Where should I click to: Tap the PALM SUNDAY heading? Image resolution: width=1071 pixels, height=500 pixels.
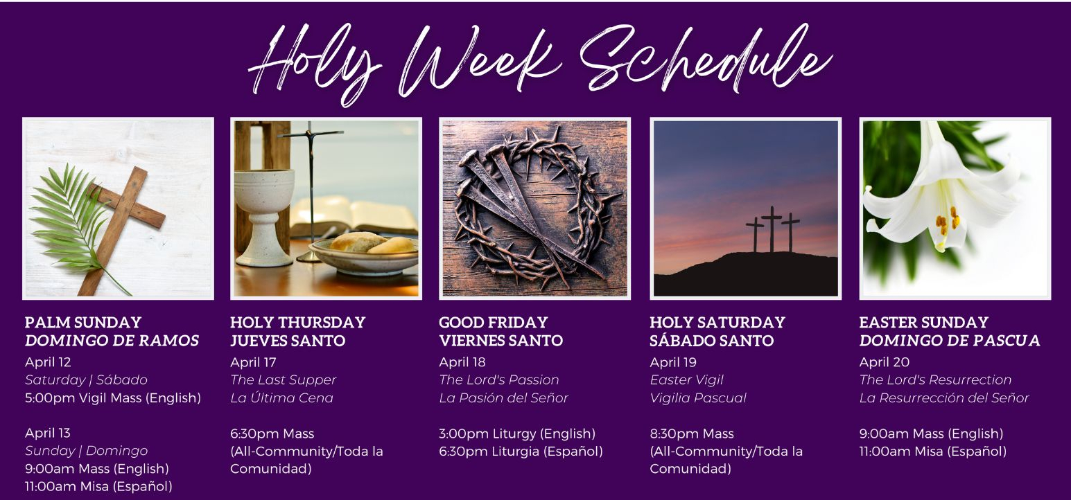[83, 322]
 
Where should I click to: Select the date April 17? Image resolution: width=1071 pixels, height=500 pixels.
[253, 362]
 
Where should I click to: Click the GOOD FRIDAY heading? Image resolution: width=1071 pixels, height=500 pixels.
[493, 322]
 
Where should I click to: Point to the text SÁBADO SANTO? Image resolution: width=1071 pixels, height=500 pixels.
[711, 341]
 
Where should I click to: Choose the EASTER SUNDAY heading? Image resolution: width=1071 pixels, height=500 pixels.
[923, 322]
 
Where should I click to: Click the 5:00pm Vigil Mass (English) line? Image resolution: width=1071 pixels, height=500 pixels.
[113, 398]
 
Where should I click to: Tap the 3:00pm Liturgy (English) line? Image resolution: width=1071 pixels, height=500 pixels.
[517, 434]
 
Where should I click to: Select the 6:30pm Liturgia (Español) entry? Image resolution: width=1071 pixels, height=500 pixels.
[521, 452]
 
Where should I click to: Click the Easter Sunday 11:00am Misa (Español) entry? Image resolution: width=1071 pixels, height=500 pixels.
[933, 452]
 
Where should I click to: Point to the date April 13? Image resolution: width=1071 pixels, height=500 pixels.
[47, 433]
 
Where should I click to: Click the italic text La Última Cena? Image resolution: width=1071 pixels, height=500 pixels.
[281, 398]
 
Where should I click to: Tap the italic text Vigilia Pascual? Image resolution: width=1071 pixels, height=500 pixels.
[698, 398]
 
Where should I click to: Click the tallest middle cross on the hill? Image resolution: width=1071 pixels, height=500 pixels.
[772, 229]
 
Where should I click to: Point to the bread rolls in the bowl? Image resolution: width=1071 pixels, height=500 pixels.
[372, 242]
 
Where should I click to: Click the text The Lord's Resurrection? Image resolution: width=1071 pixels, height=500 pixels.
[935, 380]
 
